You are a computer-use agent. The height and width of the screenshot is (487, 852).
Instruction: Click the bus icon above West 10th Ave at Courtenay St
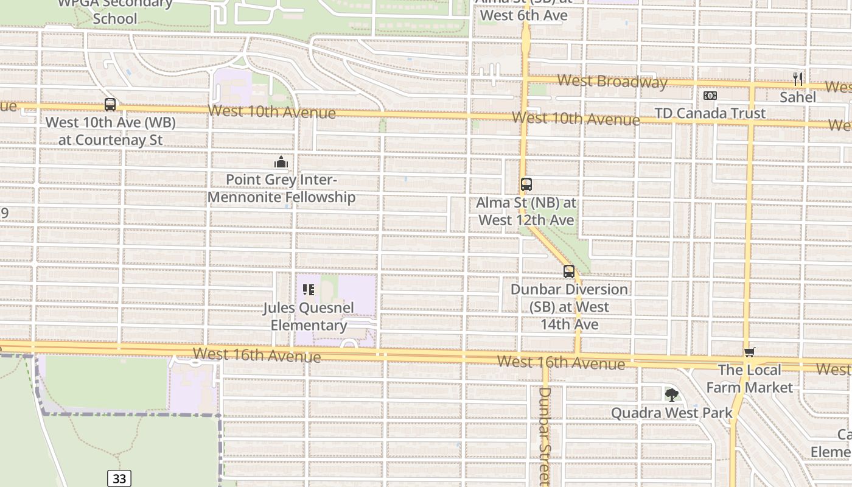click(x=110, y=105)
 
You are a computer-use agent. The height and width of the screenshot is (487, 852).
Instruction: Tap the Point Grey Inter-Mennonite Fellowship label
click(x=281, y=189)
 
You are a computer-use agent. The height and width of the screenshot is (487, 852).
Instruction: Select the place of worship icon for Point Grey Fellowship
click(x=281, y=163)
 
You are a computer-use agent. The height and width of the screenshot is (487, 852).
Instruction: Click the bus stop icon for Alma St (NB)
click(x=526, y=184)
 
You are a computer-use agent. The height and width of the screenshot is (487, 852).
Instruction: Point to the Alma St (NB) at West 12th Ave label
click(x=526, y=211)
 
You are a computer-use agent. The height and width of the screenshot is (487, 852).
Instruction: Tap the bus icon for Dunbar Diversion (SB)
click(x=569, y=272)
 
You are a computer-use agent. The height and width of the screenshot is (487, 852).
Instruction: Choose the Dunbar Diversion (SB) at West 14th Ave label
click(x=569, y=307)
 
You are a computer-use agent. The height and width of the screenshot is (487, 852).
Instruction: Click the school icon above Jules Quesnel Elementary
click(x=309, y=290)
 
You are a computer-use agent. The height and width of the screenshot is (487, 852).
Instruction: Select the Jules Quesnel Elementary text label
click(x=309, y=317)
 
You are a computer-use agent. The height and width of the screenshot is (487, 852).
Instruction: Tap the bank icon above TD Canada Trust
click(x=710, y=96)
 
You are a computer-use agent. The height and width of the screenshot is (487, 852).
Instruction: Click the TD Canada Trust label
click(x=710, y=113)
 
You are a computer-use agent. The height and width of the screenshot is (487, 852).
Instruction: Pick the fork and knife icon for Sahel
click(x=798, y=79)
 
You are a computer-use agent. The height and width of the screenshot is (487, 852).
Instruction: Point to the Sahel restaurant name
click(x=798, y=97)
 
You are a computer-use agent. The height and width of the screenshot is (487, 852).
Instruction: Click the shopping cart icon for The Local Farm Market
click(x=749, y=352)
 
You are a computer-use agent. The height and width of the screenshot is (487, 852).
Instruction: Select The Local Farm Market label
click(x=749, y=379)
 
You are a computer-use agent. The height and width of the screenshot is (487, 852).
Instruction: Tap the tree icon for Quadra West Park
click(x=672, y=395)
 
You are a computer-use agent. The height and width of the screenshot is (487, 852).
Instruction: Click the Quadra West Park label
click(x=672, y=413)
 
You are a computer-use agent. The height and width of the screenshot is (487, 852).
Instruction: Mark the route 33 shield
click(x=119, y=478)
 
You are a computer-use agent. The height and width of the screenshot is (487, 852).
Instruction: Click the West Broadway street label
click(x=612, y=81)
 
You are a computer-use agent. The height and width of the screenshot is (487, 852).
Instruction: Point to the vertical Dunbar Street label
click(x=545, y=435)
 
